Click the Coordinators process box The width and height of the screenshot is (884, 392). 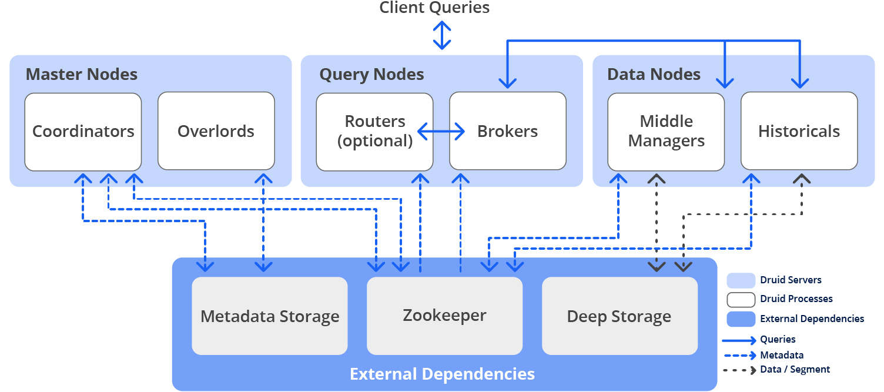pyautogui.click(x=83, y=132)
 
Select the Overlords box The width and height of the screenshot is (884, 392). pyautogui.click(x=216, y=131)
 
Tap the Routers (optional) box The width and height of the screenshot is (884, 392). pyautogui.click(x=374, y=132)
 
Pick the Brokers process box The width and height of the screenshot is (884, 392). pyautogui.click(x=508, y=131)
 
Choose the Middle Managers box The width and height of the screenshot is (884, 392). pyautogui.click(x=666, y=132)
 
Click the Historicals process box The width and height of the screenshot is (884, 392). pyautogui.click(x=799, y=131)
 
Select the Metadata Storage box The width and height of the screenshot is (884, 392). pyautogui.click(x=270, y=316)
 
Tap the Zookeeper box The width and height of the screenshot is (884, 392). pyautogui.click(x=445, y=316)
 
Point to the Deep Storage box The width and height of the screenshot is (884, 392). pyautogui.click(x=620, y=316)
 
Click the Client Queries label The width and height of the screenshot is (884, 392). pyautogui.click(x=434, y=7)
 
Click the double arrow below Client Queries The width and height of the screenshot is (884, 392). pyautogui.click(x=442, y=35)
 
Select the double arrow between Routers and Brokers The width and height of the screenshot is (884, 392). pyautogui.click(x=441, y=131)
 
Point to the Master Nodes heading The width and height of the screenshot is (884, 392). pyautogui.click(x=82, y=74)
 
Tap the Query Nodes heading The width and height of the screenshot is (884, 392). pyautogui.click(x=371, y=75)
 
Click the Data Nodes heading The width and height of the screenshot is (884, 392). pyautogui.click(x=654, y=74)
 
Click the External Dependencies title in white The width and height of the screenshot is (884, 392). pyautogui.click(x=442, y=374)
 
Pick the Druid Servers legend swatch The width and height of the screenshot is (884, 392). pyautogui.click(x=741, y=280)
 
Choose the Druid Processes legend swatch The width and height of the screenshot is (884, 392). pyautogui.click(x=741, y=300)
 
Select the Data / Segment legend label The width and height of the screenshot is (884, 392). pyautogui.click(x=795, y=370)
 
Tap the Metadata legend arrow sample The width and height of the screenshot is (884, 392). pyautogui.click(x=740, y=356)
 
